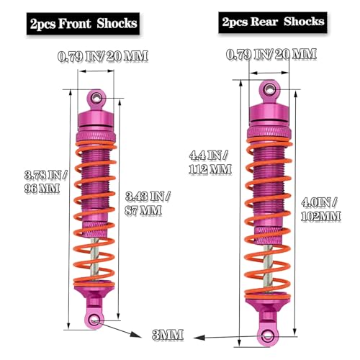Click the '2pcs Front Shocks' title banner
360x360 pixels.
click(83, 24)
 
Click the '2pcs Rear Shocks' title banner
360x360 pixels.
click(273, 22)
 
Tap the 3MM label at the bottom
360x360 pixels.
click(168, 335)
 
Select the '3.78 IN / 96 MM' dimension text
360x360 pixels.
click(45, 181)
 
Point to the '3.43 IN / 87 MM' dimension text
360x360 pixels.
click(148, 204)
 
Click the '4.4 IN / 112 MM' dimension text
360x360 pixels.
click(210, 163)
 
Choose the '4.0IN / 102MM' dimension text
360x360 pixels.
click(321, 210)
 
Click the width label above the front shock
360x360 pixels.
click(103, 56)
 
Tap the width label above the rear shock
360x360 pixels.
click(271, 54)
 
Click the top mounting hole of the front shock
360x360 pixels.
click(96, 98)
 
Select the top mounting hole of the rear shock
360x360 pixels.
click(269, 90)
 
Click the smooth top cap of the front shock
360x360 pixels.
click(96, 119)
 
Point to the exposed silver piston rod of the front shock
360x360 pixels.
click(95, 259)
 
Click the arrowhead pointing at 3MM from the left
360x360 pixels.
click(136, 335)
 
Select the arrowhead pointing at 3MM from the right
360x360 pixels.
click(199, 338)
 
